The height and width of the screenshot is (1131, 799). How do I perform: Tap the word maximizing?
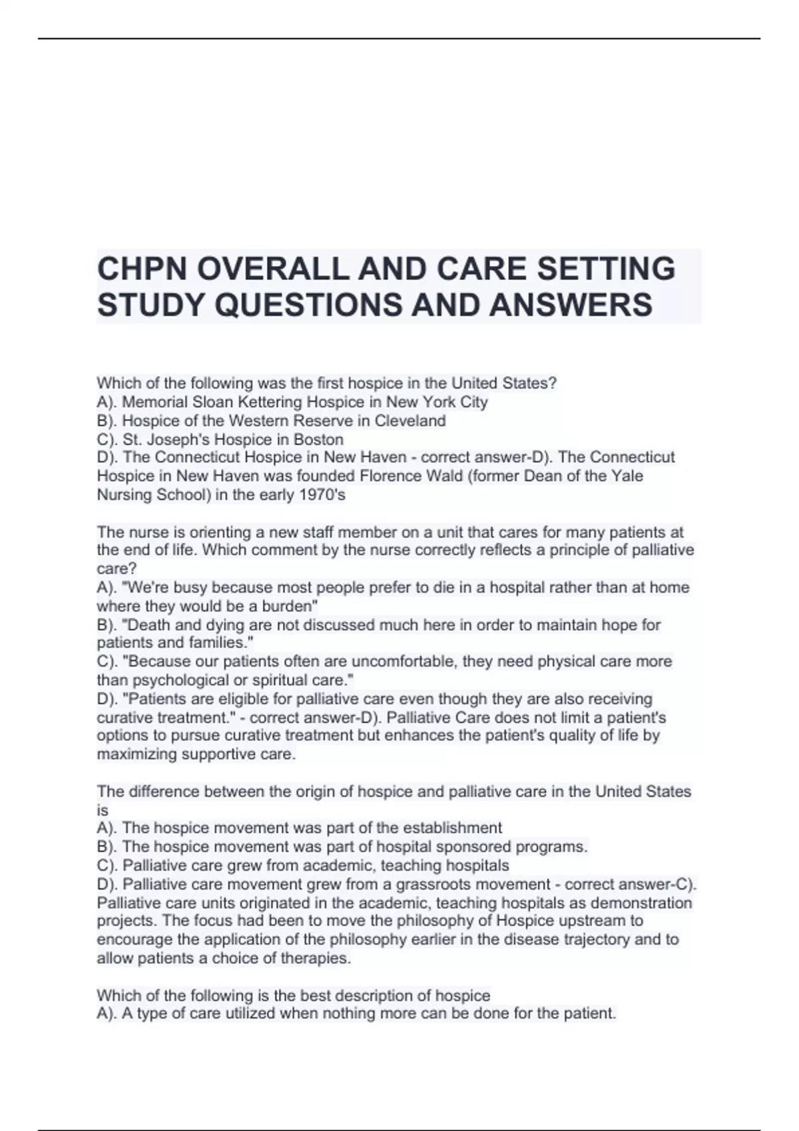tap(136, 754)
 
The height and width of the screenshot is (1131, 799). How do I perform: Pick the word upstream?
tap(597, 921)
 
